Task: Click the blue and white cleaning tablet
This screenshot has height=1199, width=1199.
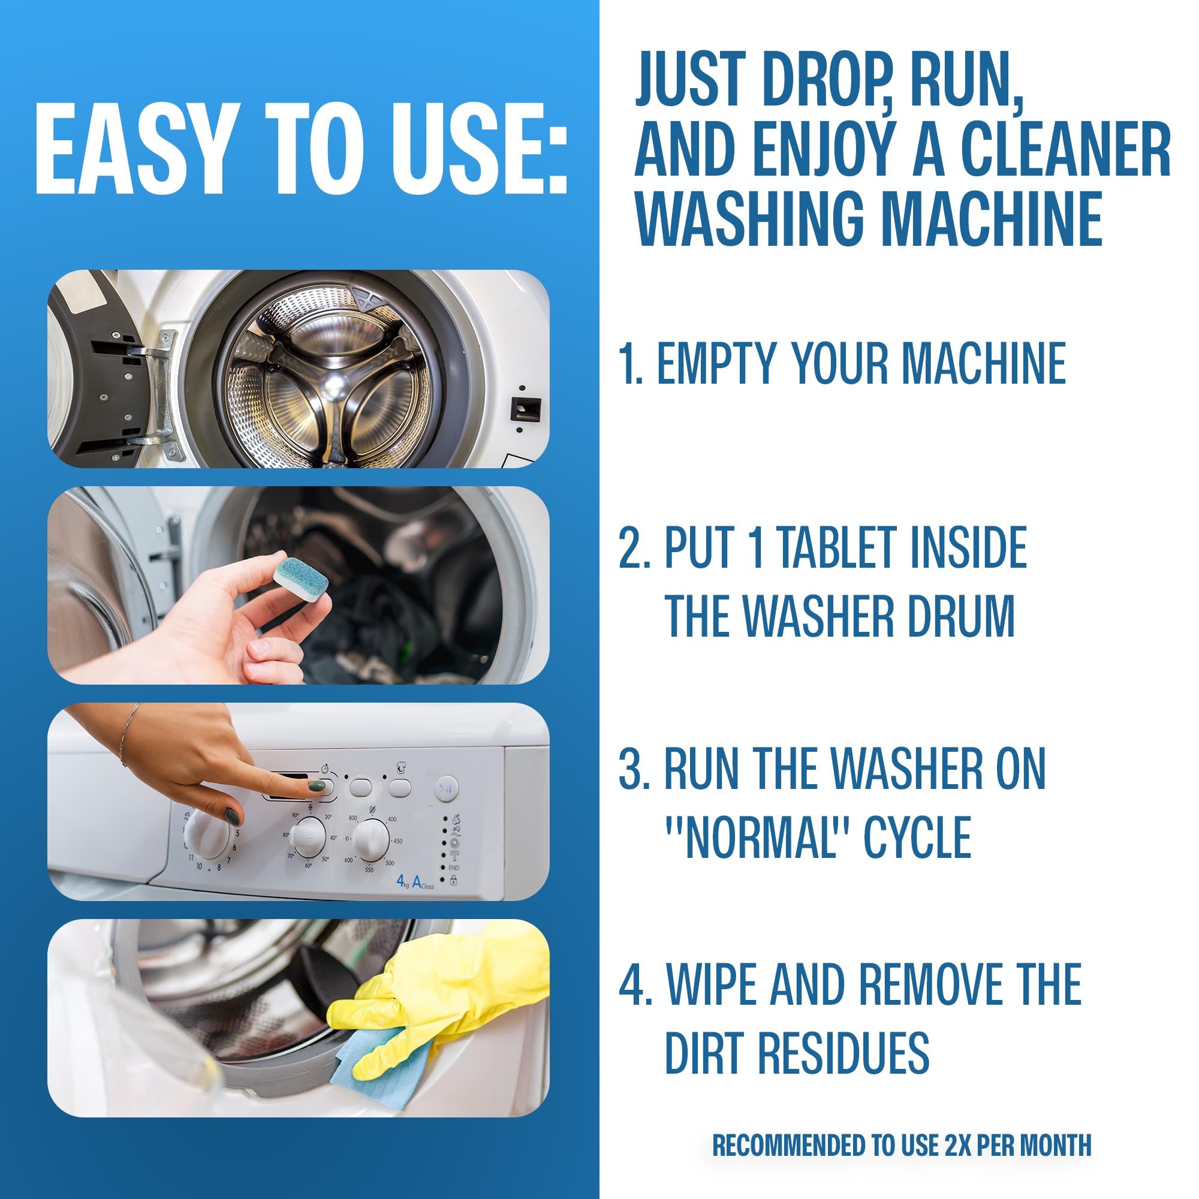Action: point(302,577)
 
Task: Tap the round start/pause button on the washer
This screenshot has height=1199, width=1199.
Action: point(446,789)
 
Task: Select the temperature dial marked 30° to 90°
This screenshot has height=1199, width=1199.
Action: point(308,836)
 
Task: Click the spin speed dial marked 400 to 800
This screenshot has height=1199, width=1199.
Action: point(372,839)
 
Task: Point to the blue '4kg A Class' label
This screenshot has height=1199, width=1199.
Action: point(415,882)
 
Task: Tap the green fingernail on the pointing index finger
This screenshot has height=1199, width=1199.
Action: point(317,786)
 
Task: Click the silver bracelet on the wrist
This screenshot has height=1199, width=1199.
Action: point(126,739)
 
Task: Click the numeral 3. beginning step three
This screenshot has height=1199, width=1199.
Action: point(634,770)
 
